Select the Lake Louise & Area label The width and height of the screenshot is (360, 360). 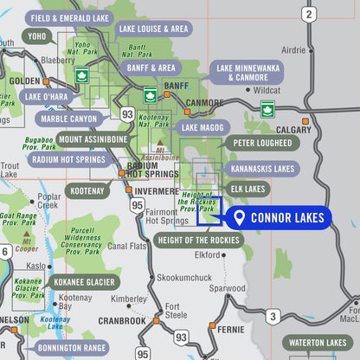click(x=152, y=29)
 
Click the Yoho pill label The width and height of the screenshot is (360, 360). click(x=36, y=37)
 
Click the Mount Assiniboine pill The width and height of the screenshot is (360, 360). click(x=93, y=139)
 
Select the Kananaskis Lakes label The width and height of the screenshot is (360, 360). click(x=261, y=169)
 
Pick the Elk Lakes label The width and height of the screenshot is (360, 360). click(x=247, y=188)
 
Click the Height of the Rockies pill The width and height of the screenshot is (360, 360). click(x=199, y=240)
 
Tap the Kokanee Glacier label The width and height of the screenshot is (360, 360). click(x=85, y=281)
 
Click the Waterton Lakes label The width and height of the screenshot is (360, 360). click(x=320, y=343)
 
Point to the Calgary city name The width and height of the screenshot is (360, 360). click(x=295, y=131)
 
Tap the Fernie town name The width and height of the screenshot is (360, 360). click(x=231, y=329)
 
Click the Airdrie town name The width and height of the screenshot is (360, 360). click(x=294, y=50)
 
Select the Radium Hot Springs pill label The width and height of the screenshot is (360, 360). click(x=68, y=159)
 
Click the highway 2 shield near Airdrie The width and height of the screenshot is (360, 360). click(x=308, y=14)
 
